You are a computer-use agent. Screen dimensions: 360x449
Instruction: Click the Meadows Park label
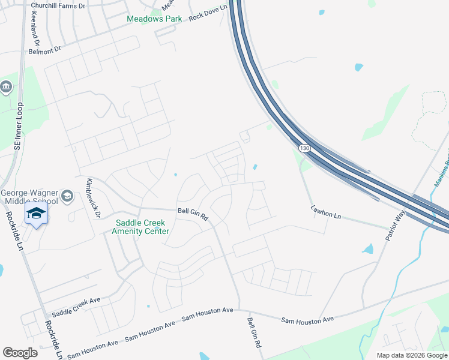[x=154, y=19]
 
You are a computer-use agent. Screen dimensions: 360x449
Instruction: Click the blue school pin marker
[x=36, y=214]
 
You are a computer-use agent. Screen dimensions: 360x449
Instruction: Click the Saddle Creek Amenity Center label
[x=142, y=227]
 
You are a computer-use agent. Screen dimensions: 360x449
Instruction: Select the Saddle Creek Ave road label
[x=76, y=307]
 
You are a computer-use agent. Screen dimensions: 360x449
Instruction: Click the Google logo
[x=20, y=352]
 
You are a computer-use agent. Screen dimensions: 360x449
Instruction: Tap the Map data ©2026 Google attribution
[x=412, y=355]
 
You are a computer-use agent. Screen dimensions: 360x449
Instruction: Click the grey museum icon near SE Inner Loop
[x=6, y=87]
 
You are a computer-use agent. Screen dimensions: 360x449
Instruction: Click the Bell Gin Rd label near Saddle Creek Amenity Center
[x=192, y=214]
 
